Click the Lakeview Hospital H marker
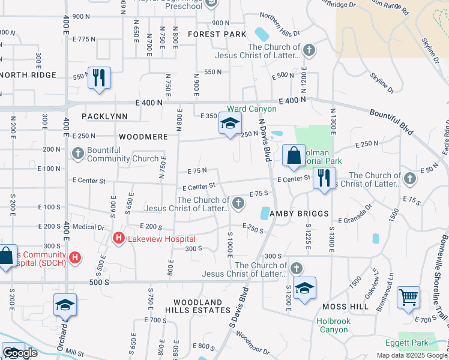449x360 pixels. tap(119, 239)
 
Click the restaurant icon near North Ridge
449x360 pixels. tap(99, 77)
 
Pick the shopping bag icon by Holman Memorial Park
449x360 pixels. tap(294, 155)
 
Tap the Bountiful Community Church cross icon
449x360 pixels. tap(78, 154)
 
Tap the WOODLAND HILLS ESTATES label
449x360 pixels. tap(202, 306)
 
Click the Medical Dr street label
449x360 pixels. tap(88, 227)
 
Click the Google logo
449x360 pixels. tap(20, 353)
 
